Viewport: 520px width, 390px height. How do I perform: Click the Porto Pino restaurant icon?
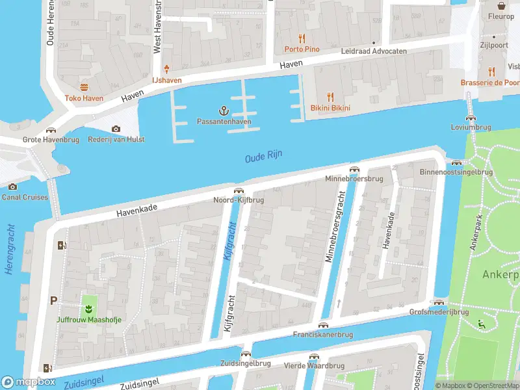(301, 38)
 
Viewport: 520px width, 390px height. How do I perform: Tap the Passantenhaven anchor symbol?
(224, 110)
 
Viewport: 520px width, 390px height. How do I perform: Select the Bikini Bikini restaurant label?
(330, 107)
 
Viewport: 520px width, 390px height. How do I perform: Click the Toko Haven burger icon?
(83, 87)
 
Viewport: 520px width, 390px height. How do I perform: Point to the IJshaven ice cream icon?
(167, 69)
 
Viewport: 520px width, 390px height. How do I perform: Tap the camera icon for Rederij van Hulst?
(116, 129)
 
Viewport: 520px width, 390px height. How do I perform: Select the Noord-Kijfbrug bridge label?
(239, 200)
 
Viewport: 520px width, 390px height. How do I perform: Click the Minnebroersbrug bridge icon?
(354, 169)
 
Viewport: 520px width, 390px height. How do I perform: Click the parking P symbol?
(53, 300)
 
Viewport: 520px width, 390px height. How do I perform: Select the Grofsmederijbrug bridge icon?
(439, 303)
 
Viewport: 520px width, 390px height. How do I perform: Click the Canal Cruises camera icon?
(12, 187)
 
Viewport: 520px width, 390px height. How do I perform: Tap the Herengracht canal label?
(10, 250)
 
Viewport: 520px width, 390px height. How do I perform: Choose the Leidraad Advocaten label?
(374, 51)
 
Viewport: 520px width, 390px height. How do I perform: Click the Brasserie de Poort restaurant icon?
(491, 71)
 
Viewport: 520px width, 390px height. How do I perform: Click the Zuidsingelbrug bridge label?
(246, 363)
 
